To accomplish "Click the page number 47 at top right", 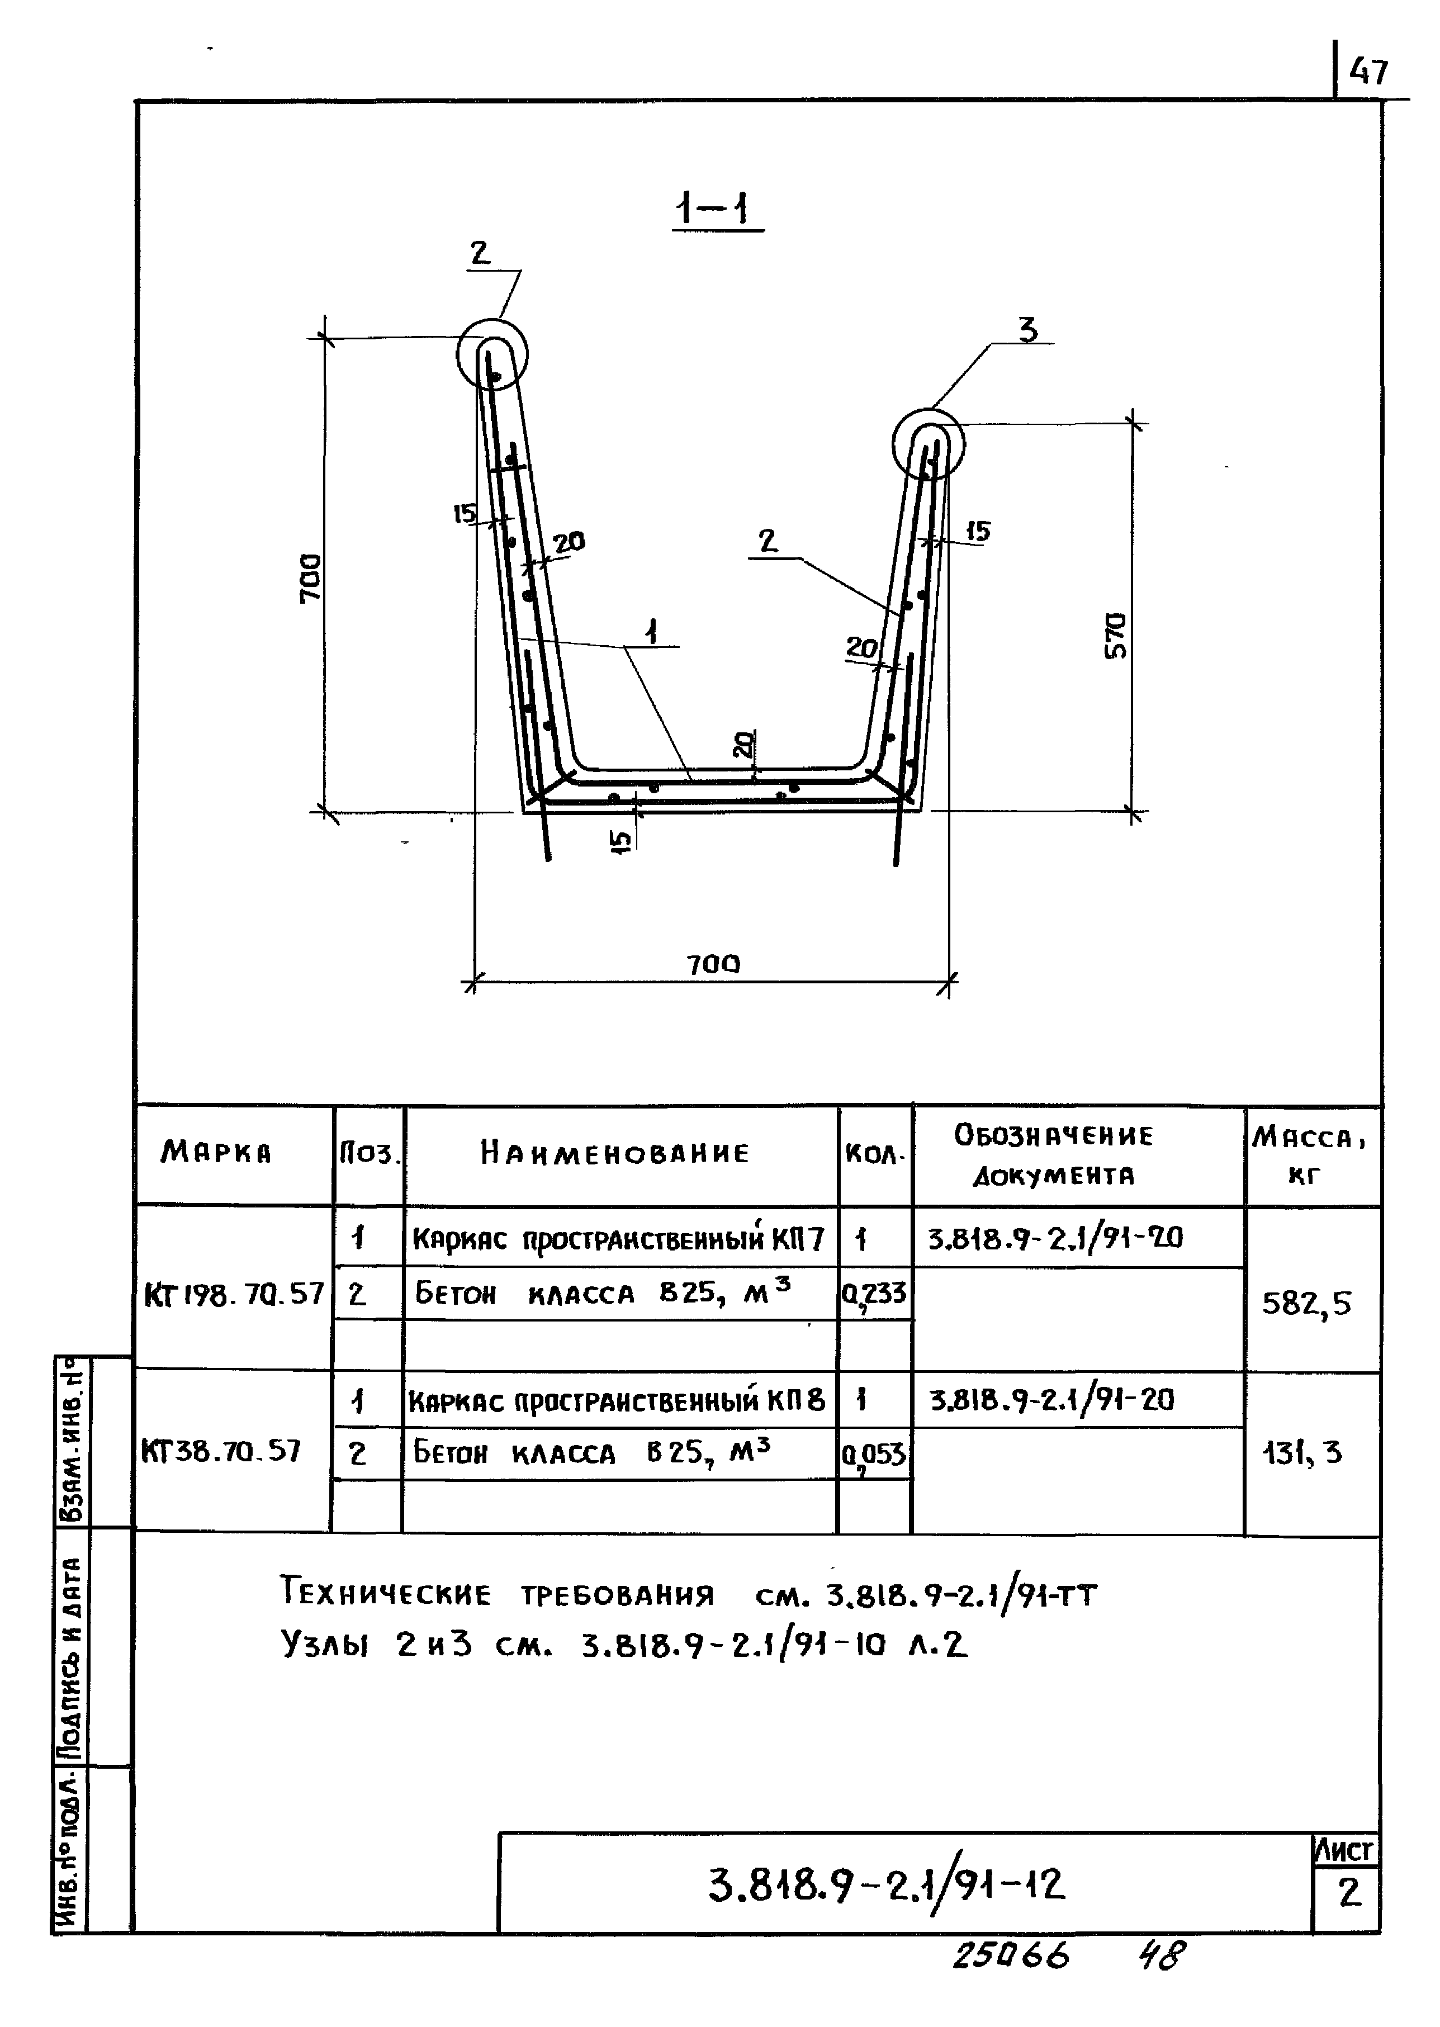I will pos(1368,71).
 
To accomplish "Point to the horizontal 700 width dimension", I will pos(713,964).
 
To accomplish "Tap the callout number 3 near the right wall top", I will pos(1027,330).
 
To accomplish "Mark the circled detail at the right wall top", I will pos(927,443).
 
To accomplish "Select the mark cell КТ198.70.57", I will pos(233,1295).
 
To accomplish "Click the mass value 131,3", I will pos(1302,1452).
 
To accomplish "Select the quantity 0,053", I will pos(874,1454).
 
